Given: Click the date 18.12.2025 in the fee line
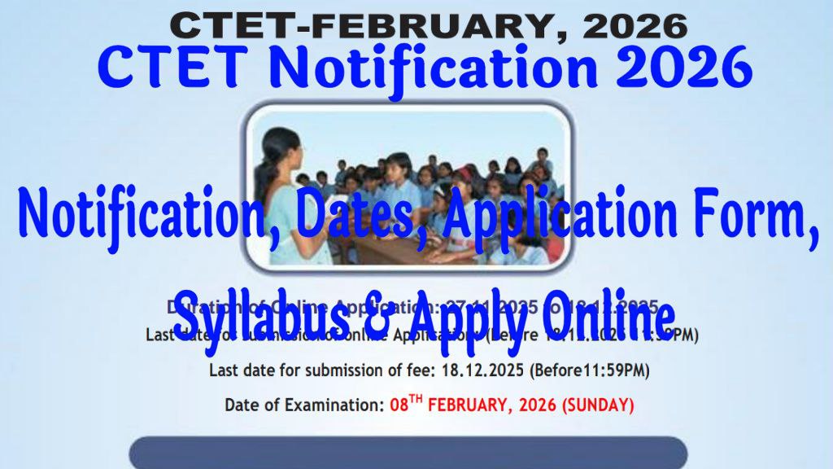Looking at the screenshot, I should [x=483, y=370].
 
